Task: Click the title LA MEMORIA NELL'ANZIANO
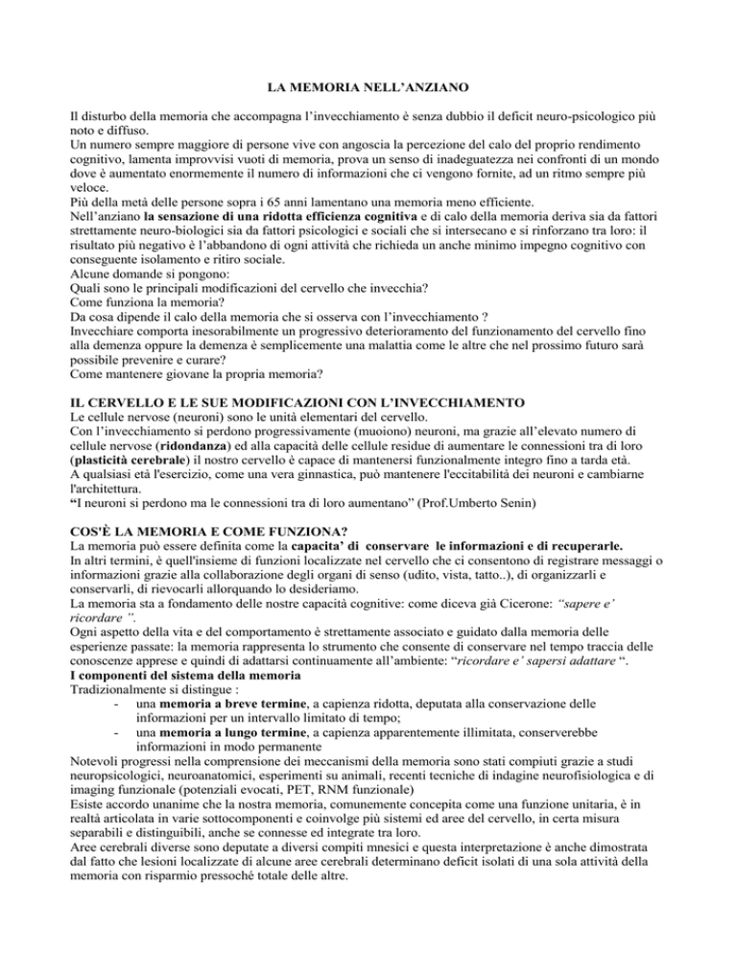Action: (x=368, y=92)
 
